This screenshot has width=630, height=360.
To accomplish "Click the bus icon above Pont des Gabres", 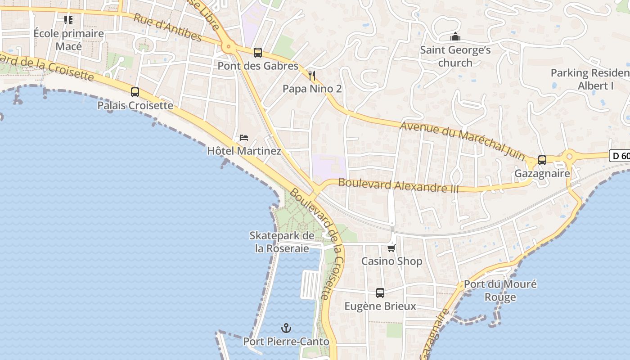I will (x=258, y=53).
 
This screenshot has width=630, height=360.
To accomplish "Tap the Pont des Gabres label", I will (x=258, y=66).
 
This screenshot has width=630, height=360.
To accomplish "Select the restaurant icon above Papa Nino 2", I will (x=312, y=75).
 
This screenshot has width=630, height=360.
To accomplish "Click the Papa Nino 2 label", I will (x=312, y=89).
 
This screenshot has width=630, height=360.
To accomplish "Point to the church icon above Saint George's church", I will (x=455, y=36).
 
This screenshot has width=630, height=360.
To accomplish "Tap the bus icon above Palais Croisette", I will (x=135, y=92).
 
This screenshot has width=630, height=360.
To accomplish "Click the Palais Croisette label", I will (x=135, y=106).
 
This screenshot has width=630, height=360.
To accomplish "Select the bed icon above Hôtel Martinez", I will (x=244, y=137).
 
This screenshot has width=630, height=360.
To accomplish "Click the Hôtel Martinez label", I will (x=244, y=151).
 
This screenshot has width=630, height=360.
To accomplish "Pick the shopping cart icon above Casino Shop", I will (x=391, y=248).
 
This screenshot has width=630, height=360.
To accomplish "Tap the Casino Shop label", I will (x=391, y=261).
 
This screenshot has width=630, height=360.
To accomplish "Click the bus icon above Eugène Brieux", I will (x=380, y=293).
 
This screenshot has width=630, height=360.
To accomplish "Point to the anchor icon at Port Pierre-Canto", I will (x=286, y=328).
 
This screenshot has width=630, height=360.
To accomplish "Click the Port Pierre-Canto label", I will (x=286, y=342).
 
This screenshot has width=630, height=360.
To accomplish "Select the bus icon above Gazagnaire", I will (x=542, y=160).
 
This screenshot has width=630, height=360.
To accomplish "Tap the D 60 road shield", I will (x=620, y=156).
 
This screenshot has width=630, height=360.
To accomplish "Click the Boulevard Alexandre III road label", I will (x=398, y=185).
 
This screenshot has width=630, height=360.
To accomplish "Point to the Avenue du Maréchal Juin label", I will (x=463, y=140).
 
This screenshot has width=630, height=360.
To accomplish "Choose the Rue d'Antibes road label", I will (x=168, y=28).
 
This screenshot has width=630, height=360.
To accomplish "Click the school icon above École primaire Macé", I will (x=68, y=20).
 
